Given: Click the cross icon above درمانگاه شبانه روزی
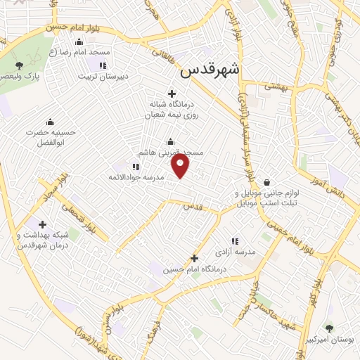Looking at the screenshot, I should click(171, 94).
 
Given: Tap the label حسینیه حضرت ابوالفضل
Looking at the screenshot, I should click(49, 136).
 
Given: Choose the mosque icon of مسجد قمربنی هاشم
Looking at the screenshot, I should click(171, 141).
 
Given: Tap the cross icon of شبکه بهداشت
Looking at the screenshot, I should click(43, 225).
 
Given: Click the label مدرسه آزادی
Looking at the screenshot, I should click(255, 251).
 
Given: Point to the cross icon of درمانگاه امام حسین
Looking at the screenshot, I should click(195, 259).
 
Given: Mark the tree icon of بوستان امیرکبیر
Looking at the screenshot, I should click(328, 328).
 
